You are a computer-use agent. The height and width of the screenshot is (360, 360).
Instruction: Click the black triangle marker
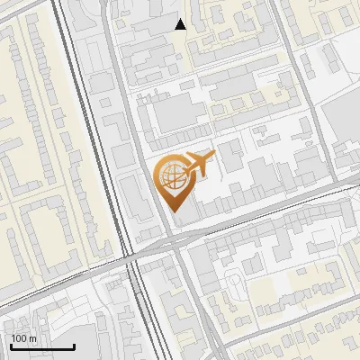(181, 24)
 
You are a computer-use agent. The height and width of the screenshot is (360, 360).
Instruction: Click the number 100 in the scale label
(19, 338)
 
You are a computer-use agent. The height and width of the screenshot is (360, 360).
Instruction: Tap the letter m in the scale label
(31, 338)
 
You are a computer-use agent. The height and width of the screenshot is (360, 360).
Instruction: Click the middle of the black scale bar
(42, 346)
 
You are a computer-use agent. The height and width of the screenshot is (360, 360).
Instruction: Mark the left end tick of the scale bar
(11, 345)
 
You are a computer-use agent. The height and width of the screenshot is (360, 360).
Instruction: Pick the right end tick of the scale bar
(74, 345)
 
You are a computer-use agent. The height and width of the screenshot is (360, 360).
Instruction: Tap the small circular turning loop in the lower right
(236, 280)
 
